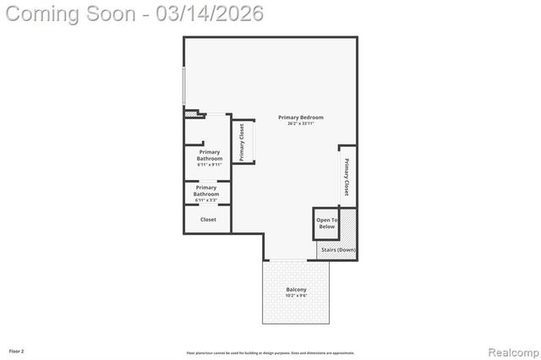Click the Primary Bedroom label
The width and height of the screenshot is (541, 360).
(300, 117)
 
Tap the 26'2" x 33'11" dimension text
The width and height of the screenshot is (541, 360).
(300, 124)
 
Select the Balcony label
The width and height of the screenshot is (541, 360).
(296, 290)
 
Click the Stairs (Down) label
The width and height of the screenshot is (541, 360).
(336, 250)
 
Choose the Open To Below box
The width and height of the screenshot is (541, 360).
(326, 223)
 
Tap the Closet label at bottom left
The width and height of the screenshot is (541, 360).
(208, 220)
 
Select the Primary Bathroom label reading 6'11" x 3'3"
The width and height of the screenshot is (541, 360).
(206, 191)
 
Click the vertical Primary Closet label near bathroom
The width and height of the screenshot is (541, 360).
(242, 142)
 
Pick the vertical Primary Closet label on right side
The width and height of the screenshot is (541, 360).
(347, 176)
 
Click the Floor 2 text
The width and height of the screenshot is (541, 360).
(17, 350)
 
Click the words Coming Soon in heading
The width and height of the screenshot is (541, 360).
(69, 14)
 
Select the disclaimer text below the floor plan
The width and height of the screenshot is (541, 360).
(270, 352)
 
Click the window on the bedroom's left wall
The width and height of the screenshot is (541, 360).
(184, 85)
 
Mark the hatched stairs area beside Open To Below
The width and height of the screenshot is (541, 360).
(348, 226)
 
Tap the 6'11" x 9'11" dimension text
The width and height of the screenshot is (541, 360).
(209, 164)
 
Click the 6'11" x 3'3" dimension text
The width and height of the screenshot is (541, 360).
(206, 199)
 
